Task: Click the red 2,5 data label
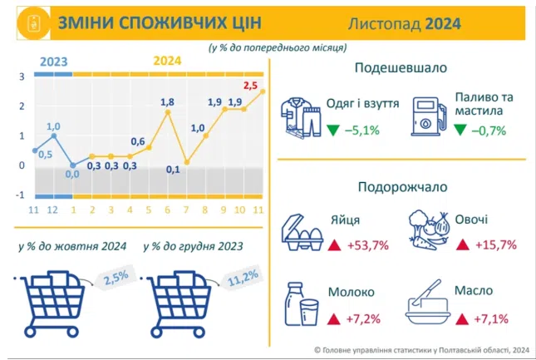pos(250,85)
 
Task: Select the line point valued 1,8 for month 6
pos(168,112)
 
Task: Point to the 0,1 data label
pos(173,170)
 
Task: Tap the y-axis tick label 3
pos(22,76)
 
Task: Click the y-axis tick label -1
pos(20,195)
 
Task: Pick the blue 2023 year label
pos(54,62)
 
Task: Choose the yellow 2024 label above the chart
pos(167,61)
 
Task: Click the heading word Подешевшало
pos(401,67)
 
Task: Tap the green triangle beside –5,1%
pos(333,130)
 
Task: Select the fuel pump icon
pos(429,116)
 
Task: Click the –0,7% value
pos(489,131)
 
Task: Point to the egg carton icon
pos(302,233)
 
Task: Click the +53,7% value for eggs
pos(368,245)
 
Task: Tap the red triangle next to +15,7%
pos(463,244)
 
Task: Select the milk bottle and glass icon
pos(302,304)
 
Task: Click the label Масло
pos(474,291)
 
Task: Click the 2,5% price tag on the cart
pos(116,277)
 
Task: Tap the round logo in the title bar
pos(33,23)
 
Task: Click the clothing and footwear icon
pos(301,118)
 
